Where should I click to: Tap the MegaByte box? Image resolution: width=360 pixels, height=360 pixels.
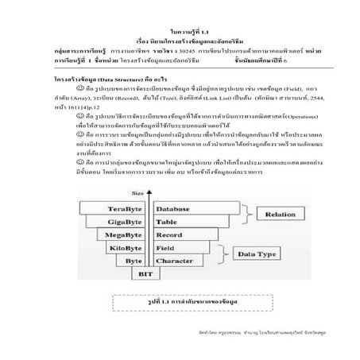pos(132,235)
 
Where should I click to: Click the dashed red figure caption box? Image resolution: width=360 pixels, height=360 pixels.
pos(180,303)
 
